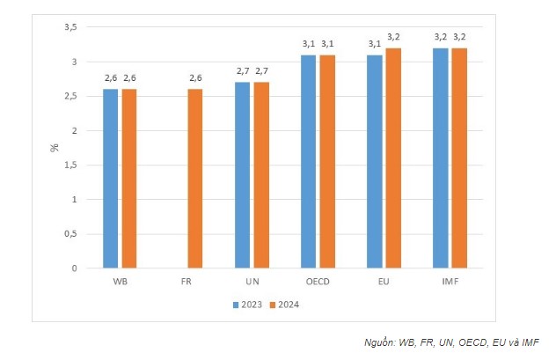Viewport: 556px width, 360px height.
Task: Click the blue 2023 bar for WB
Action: [110, 178]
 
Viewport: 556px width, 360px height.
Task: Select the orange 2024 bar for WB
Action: [129, 178]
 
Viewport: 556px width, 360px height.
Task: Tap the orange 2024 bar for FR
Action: [195, 178]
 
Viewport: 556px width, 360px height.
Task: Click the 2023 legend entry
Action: [247, 305]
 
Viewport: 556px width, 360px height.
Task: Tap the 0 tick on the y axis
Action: [75, 268]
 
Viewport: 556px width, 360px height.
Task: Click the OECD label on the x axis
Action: [318, 282]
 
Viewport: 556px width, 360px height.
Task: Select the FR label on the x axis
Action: [186, 282]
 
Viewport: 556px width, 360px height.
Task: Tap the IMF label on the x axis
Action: [450, 282]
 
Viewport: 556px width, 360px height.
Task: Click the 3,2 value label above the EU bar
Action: [393, 37]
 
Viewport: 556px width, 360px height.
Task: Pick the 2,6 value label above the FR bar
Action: [195, 78]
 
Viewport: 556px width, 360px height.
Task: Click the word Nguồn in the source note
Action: [379, 342]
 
